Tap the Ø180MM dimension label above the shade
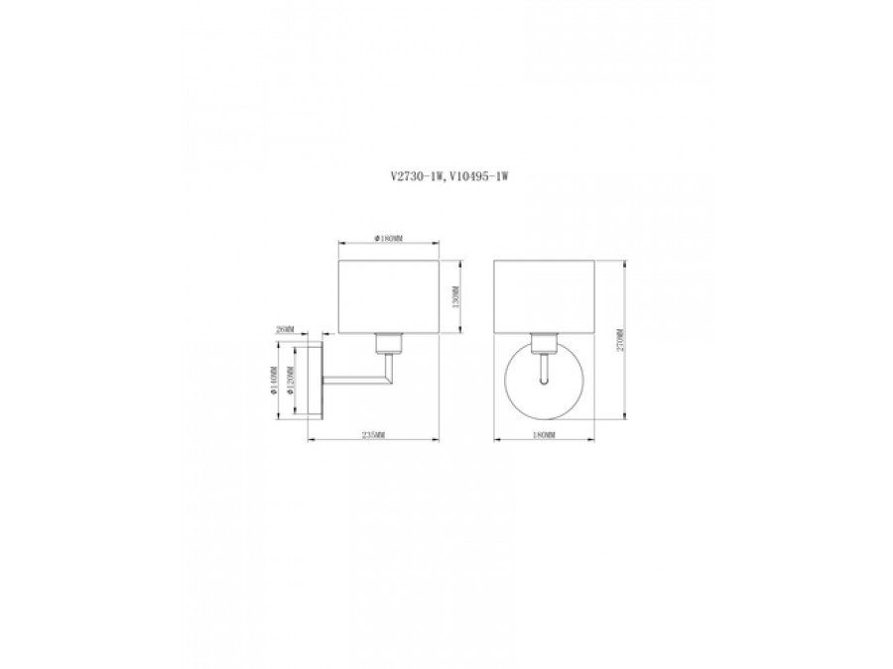(389, 239)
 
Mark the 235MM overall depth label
(374, 435)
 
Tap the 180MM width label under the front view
(545, 435)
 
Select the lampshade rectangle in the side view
(389, 296)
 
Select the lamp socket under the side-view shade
(389, 343)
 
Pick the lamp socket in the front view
(544, 343)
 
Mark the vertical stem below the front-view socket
(544, 370)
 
